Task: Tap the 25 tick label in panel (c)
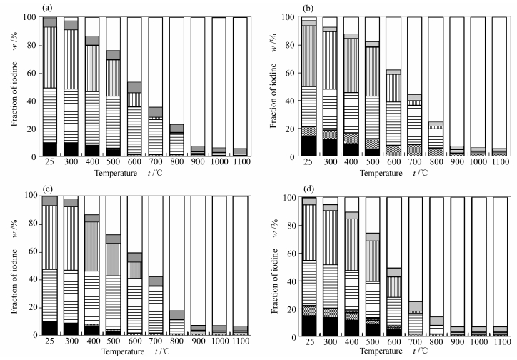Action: pos(49,343)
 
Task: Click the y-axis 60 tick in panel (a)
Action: pos(32,73)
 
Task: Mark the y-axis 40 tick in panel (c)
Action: pos(32,279)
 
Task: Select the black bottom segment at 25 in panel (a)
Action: pos(49,149)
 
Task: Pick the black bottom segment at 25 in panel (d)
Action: pos(308,325)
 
